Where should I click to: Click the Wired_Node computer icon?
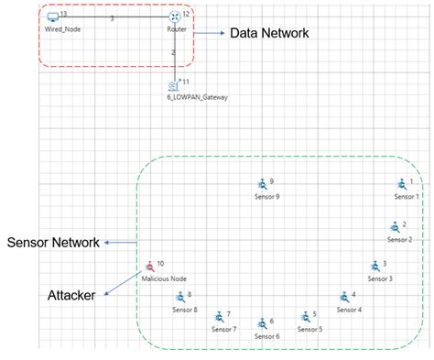[53, 17]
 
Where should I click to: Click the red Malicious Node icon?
[148, 267]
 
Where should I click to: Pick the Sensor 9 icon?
[261, 185]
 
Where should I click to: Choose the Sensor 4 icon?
[344, 298]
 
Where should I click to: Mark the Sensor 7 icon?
[220, 317]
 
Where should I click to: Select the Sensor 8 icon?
[180, 298]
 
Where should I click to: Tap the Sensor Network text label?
[52, 243]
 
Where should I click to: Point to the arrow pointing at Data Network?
[210, 33]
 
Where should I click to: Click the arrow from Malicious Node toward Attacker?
[123, 283]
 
